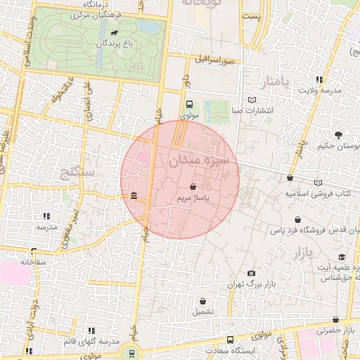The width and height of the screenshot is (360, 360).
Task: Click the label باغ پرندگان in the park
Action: click(x=112, y=44)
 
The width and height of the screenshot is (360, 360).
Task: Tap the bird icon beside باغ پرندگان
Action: click(x=112, y=32)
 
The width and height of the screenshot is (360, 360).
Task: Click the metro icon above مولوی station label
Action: click(x=189, y=104)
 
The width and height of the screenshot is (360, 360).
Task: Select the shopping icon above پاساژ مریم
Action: click(x=193, y=187)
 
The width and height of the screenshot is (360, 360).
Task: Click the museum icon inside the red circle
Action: click(x=134, y=195)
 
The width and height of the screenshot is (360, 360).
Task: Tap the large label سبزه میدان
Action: click(x=199, y=161)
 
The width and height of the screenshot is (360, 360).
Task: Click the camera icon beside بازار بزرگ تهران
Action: click(x=251, y=273)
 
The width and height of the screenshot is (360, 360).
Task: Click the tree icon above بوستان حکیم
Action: click(x=339, y=135)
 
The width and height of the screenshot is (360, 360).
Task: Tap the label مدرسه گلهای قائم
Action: click(x=90, y=341)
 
